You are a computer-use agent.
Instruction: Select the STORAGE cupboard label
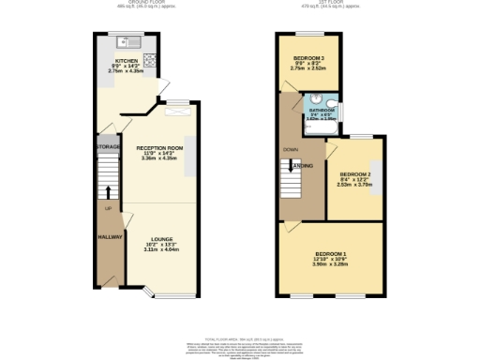click(x=106, y=148)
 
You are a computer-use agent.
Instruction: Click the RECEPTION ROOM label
click(x=158, y=148)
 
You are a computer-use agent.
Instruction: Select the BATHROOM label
click(x=322, y=111)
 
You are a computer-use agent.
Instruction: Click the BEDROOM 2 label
click(x=355, y=174)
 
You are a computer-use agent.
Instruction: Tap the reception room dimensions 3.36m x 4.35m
click(x=158, y=159)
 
